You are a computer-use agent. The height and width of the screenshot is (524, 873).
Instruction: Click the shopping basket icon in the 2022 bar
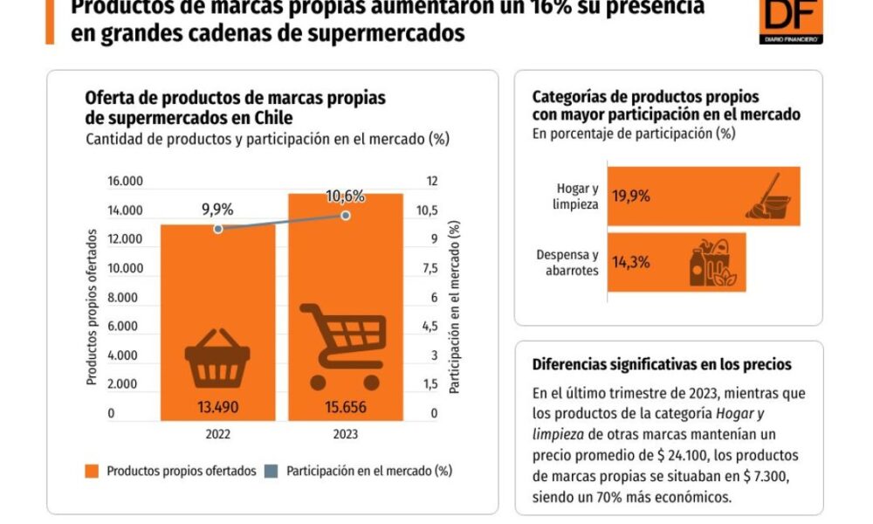click(x=217, y=358)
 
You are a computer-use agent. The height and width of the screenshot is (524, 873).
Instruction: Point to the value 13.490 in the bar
click(x=217, y=406)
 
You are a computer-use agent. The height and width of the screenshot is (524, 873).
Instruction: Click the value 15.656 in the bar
click(x=346, y=406)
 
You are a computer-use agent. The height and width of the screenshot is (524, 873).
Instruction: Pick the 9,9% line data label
click(x=217, y=209)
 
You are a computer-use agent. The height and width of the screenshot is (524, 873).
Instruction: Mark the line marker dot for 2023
click(x=346, y=215)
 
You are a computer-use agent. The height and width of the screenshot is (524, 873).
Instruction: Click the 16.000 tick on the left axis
click(x=125, y=182)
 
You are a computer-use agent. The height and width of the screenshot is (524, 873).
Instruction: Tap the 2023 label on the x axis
click(x=346, y=434)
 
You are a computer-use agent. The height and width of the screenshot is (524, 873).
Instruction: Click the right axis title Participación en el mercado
click(x=455, y=306)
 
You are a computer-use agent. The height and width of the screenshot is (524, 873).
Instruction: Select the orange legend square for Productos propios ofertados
click(x=91, y=471)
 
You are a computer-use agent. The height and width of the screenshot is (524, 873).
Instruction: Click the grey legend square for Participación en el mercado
click(x=272, y=471)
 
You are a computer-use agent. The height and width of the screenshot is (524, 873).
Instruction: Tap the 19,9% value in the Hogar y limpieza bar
click(x=630, y=196)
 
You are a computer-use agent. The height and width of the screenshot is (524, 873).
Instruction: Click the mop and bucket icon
click(x=768, y=196)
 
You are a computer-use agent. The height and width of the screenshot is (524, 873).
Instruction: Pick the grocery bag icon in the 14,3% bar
click(x=712, y=262)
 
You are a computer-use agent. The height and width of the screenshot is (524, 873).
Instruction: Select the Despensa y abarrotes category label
click(x=567, y=263)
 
